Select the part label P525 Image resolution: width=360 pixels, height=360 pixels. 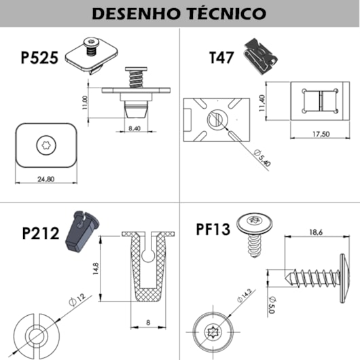click(39, 56)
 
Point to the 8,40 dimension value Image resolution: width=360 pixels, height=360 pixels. click(134, 127)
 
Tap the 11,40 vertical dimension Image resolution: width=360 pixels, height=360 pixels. click(262, 103)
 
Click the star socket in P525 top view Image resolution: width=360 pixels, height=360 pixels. click(46, 144)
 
